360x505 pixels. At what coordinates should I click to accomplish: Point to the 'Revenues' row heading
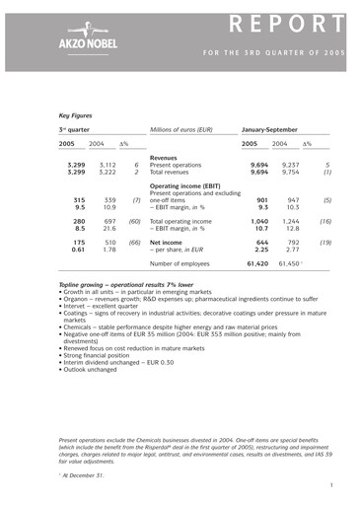(164, 157)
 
